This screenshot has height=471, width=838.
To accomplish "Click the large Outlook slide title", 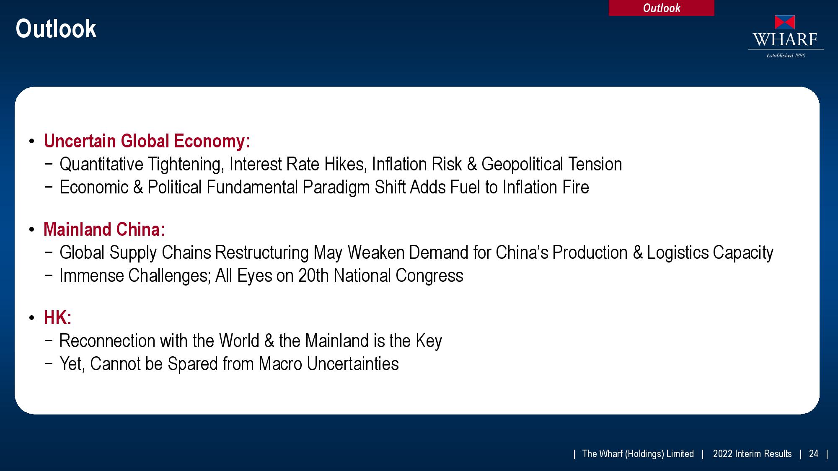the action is [x=56, y=28].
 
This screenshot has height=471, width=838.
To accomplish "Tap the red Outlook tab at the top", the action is [x=661, y=8].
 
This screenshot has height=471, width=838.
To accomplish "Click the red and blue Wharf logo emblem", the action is [x=785, y=22].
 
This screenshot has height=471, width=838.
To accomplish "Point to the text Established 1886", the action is [x=786, y=55].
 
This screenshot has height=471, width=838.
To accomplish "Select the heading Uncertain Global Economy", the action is [x=147, y=141].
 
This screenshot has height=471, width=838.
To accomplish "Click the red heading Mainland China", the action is [x=104, y=229].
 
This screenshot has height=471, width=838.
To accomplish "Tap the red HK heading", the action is [x=57, y=318].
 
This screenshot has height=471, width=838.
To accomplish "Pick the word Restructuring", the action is [x=262, y=253].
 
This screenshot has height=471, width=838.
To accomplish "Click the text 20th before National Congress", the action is [x=313, y=276].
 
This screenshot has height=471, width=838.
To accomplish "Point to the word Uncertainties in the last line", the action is [x=353, y=364].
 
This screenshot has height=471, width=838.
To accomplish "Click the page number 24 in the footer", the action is [x=814, y=454].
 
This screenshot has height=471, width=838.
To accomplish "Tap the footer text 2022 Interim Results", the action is [x=753, y=454].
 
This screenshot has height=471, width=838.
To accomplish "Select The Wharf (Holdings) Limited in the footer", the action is [x=638, y=454].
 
